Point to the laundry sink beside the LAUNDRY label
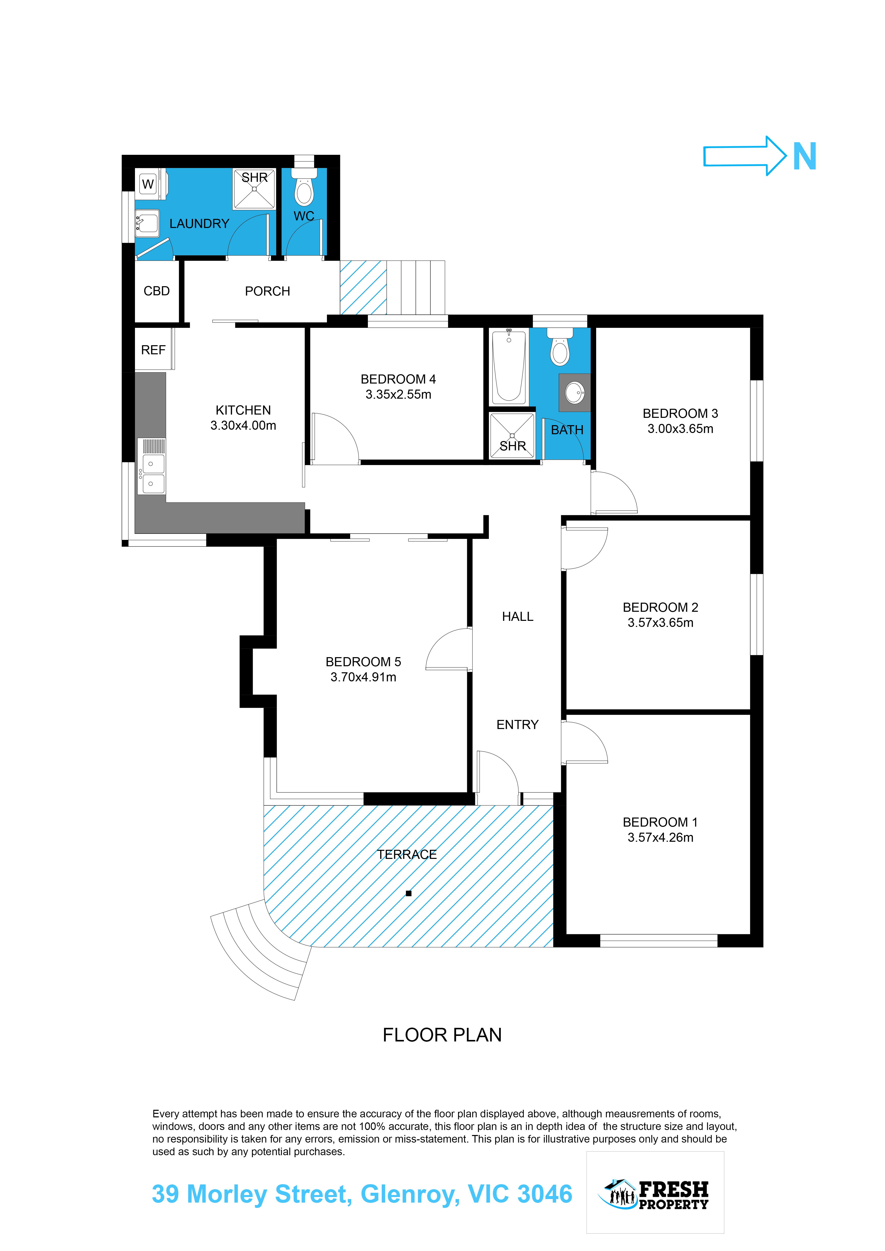pyautogui.click(x=147, y=223)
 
